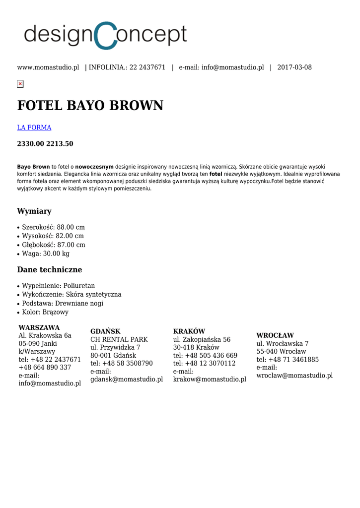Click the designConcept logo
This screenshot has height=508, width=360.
coord(105,35)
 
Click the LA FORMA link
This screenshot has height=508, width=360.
coord(34,127)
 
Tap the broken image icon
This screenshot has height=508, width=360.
coord(20,84)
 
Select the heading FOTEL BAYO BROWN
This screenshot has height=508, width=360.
coord(90,106)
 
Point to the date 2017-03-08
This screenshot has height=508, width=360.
coord(294,67)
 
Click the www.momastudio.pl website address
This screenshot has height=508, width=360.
coord(48,67)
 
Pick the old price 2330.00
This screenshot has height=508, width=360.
coord(31,144)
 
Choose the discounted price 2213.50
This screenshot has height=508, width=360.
coord(60,144)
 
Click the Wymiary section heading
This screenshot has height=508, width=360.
coord(34,211)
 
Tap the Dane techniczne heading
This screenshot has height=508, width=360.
coord(50,270)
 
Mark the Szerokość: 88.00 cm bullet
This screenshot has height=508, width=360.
coord(53,227)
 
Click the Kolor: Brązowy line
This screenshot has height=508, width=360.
coord(45,312)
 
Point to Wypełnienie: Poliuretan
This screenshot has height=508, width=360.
coord(58,286)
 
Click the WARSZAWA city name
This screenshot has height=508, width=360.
coord(39,327)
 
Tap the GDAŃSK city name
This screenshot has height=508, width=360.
coord(105,331)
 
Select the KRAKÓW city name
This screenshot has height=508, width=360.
coord(189,331)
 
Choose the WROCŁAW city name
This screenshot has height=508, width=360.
coord(275,335)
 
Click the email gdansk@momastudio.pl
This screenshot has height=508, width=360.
coord(127,380)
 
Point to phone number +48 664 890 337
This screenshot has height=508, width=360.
coord(45,368)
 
